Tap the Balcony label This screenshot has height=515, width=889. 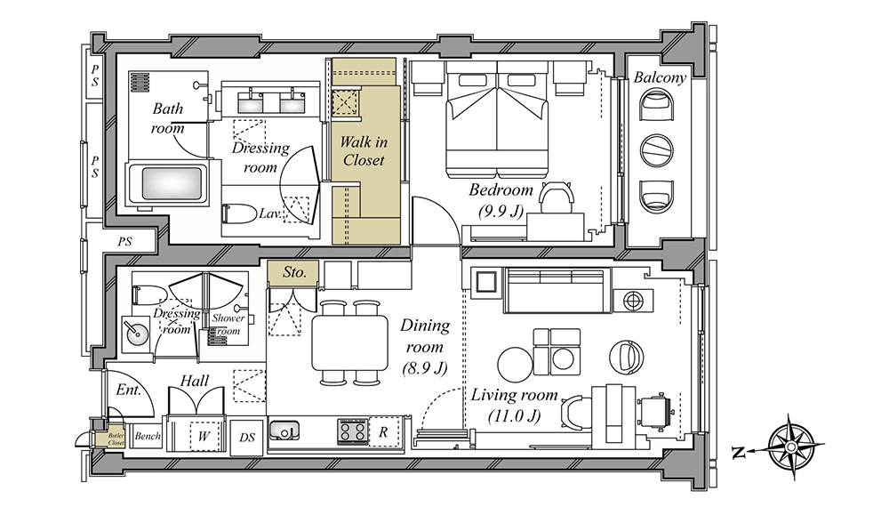click(660, 77)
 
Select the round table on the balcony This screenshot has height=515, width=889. click(657, 150)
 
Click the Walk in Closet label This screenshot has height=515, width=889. click(364, 151)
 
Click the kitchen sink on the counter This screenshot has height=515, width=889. click(284, 430)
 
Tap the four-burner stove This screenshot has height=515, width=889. click(352, 431)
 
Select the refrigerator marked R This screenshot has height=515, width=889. click(384, 431)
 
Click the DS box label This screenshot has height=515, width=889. click(247, 438)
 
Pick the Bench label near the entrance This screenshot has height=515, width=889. click(148, 436)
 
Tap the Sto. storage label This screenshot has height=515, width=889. click(294, 272)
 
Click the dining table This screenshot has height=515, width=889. click(349, 342)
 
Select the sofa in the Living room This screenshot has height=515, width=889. click(557, 291)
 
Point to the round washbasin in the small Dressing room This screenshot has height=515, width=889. click(136, 333)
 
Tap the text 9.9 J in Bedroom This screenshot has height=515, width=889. click(501, 212)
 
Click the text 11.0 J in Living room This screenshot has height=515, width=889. click(514, 416)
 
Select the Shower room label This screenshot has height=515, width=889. click(228, 325)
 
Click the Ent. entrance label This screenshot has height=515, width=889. click(128, 390)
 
